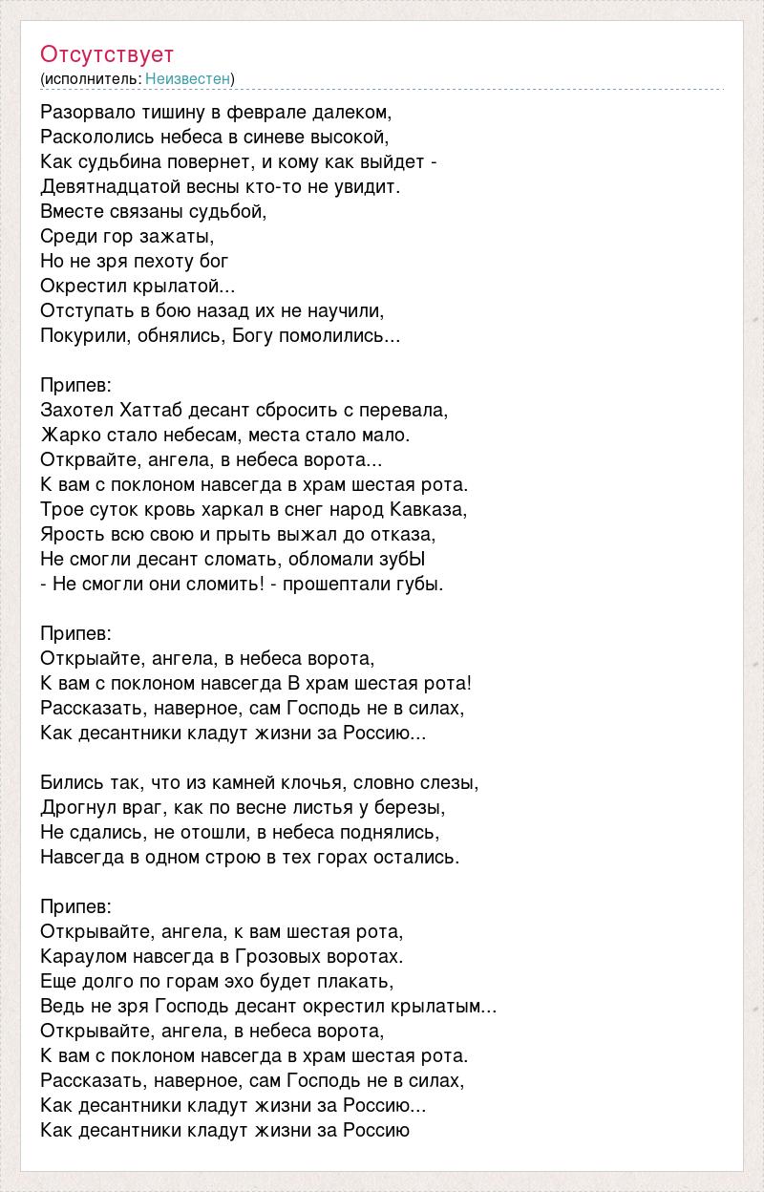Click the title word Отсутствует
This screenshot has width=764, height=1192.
[x=107, y=54]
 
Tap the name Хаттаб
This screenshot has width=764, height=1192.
[x=155, y=410]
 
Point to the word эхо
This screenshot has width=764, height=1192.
[x=249, y=981]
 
